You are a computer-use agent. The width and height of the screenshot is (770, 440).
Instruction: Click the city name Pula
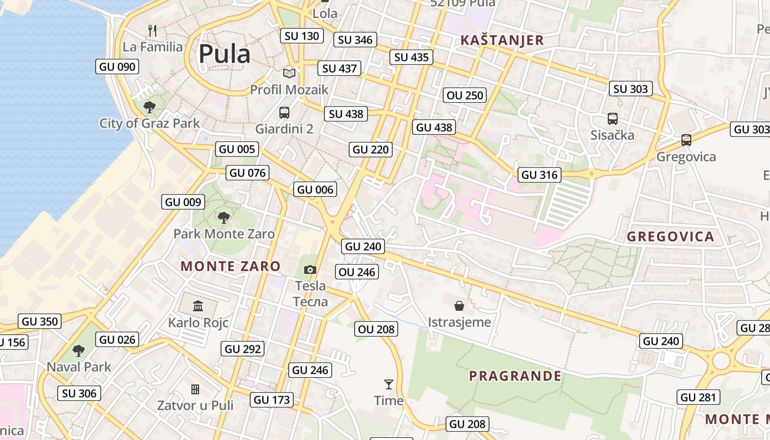(224, 54)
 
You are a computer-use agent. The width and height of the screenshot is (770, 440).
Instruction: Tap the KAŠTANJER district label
(502, 40)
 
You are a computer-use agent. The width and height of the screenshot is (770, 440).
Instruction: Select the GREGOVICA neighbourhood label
(670, 237)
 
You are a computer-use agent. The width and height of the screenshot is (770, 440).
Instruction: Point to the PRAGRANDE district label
(515, 376)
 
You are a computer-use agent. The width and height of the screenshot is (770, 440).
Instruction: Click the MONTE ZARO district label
(230, 266)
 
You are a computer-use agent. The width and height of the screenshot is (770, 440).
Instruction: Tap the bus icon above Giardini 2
(284, 113)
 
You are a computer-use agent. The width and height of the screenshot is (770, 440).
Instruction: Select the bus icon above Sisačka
(612, 119)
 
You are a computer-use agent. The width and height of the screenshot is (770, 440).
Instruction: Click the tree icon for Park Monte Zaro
(223, 218)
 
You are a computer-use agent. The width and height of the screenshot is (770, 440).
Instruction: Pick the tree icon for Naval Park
(79, 350)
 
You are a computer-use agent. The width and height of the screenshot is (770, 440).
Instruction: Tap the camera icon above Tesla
(310, 269)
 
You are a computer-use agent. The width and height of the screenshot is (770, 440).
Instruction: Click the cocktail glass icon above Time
(389, 384)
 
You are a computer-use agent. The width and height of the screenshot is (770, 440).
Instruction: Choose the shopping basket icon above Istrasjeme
(459, 306)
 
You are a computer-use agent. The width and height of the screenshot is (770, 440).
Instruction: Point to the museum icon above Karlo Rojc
(198, 306)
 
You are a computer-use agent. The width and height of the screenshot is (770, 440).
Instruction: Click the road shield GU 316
(540, 175)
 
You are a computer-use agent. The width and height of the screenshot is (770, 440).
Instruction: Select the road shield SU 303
(631, 89)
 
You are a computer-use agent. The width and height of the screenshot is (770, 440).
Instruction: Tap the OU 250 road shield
(465, 95)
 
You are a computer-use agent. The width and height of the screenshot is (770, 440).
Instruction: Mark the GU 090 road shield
(117, 67)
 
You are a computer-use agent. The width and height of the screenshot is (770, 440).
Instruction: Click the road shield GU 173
(272, 400)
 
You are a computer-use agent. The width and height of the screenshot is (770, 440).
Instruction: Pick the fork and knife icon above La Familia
(152, 30)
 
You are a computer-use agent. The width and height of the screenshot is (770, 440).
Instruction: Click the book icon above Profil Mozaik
(289, 73)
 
